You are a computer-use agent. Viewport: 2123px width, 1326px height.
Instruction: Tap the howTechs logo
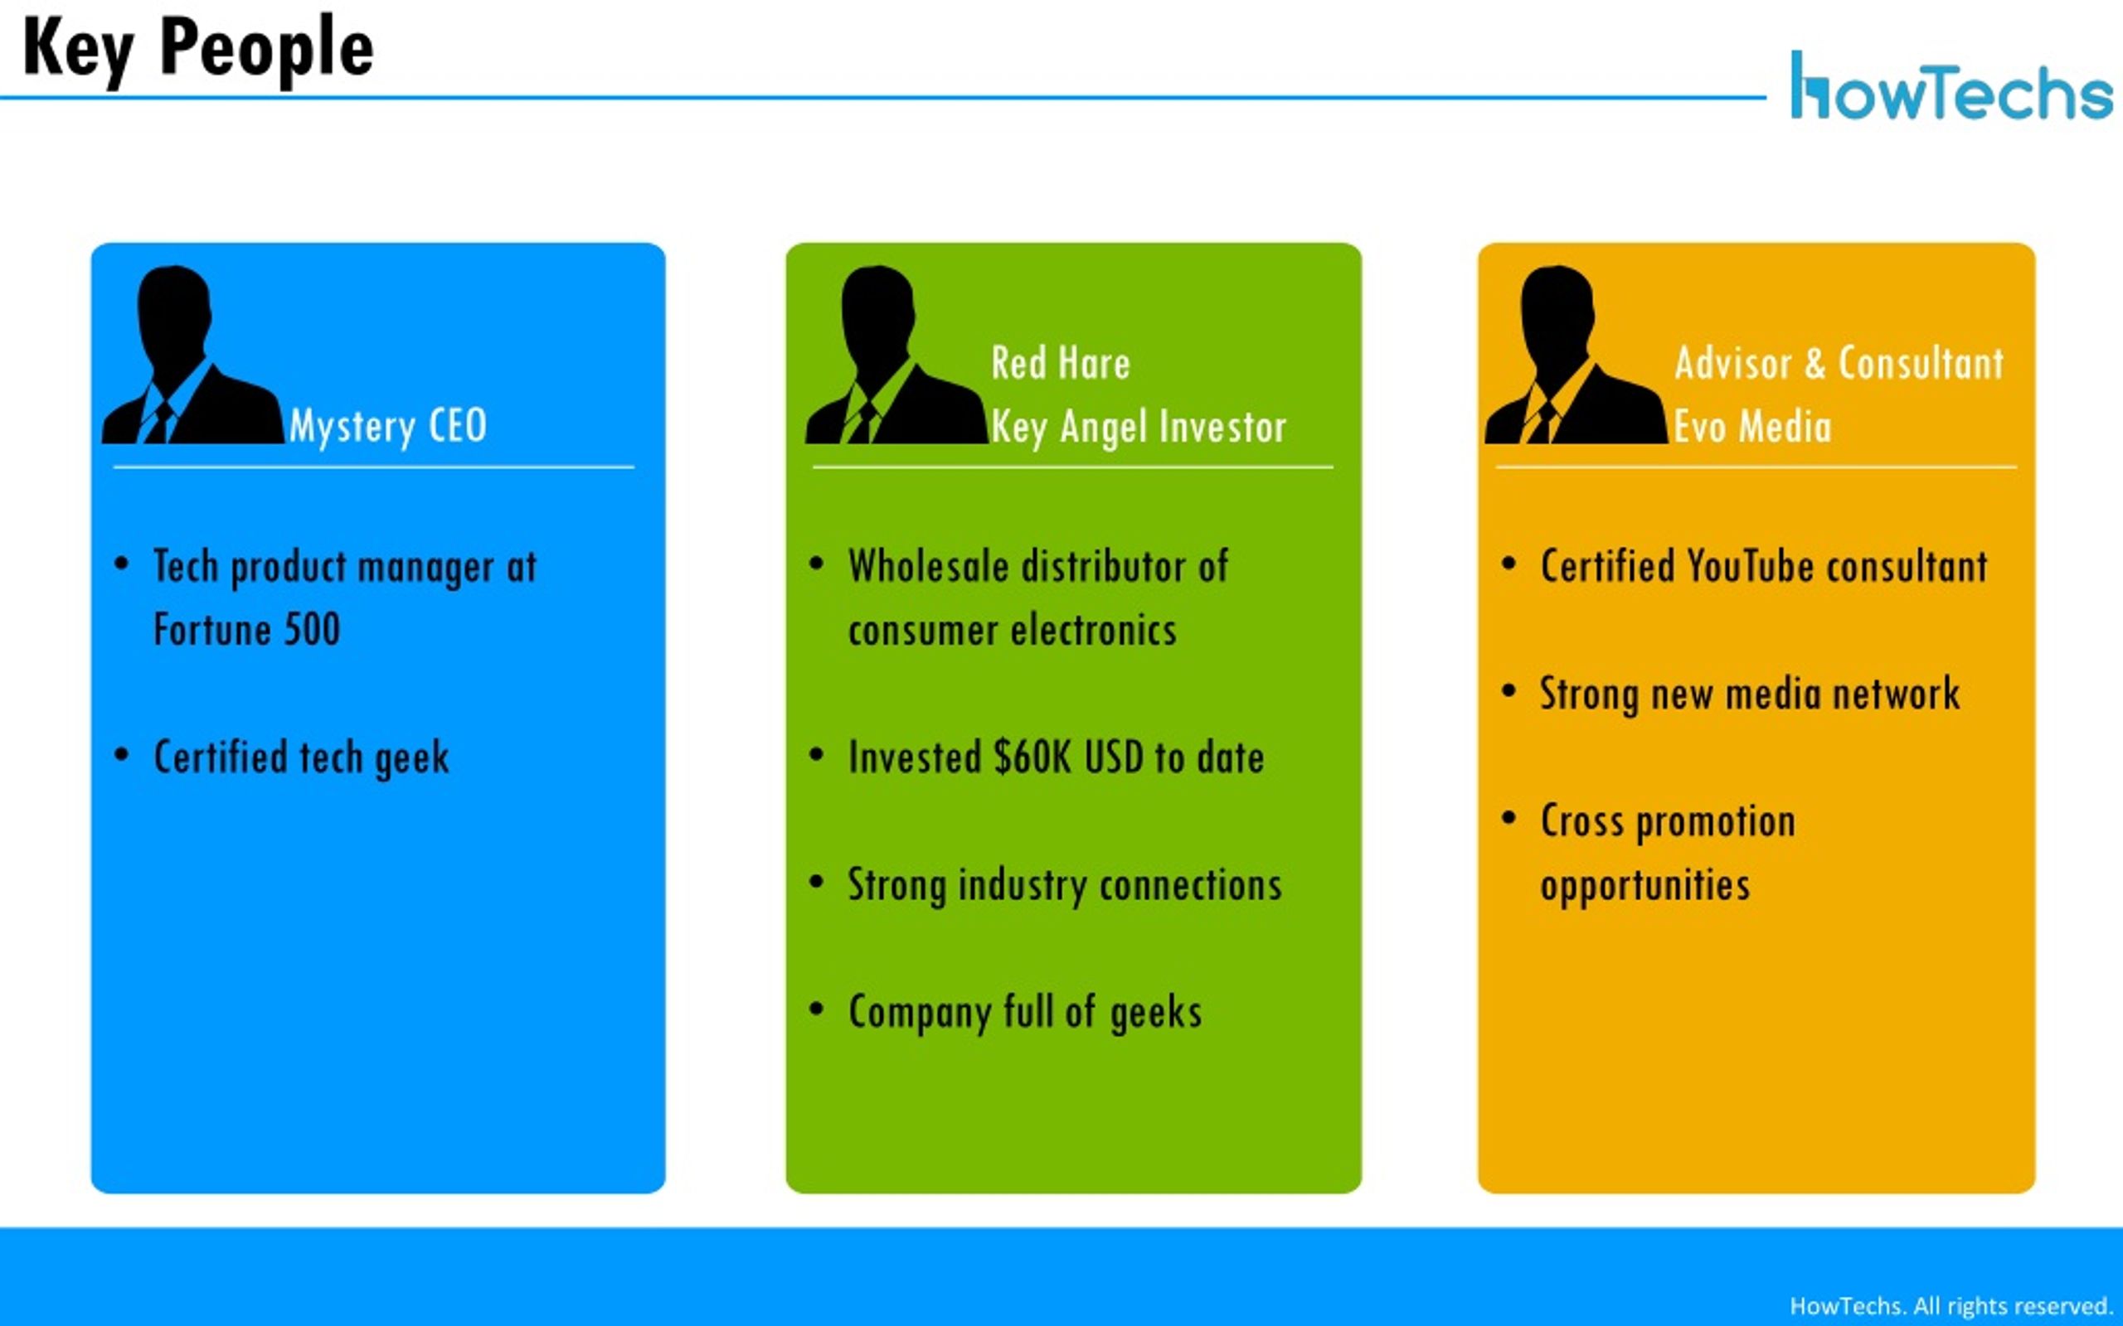1951,86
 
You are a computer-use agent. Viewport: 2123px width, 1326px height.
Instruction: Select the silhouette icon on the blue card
192,355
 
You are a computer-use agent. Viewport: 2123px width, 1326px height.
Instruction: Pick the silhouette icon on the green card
896,355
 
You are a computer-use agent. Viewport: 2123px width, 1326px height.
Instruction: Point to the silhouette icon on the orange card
1576,355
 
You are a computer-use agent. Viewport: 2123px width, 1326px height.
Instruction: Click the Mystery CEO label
388,427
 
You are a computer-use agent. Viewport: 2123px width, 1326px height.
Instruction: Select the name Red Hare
1061,363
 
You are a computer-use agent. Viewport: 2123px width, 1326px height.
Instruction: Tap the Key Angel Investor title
1139,427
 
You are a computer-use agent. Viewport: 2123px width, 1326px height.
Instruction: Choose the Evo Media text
1753,427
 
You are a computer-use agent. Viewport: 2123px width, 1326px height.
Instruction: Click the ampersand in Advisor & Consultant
1815,363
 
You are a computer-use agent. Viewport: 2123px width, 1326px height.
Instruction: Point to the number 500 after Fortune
313,630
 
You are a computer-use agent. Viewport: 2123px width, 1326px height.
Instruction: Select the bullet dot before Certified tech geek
122,754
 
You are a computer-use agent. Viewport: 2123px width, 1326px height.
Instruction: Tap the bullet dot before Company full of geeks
817,1009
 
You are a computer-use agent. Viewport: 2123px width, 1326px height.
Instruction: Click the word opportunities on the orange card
1644,886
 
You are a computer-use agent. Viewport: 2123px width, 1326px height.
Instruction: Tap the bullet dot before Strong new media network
1509,691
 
